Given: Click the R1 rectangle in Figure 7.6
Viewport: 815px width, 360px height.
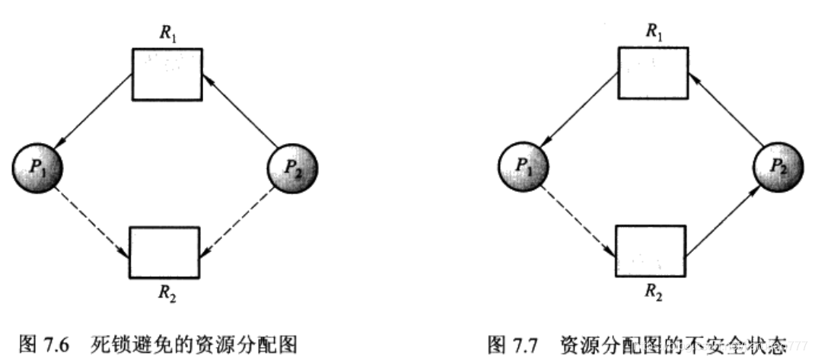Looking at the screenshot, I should [167, 74].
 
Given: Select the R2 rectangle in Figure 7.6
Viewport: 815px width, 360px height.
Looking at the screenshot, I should [164, 252].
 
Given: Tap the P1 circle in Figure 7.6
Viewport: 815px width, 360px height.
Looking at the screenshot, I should [38, 165].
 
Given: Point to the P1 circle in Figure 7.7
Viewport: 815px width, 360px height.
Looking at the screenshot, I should [522, 165].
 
